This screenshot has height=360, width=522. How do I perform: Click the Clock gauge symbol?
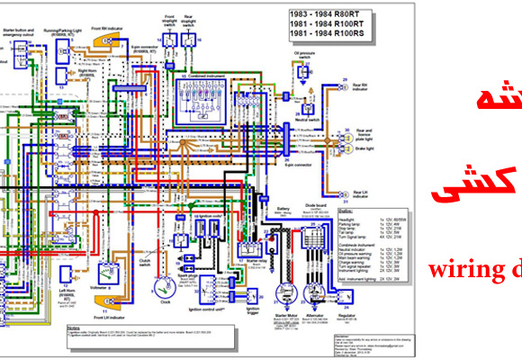(164, 290)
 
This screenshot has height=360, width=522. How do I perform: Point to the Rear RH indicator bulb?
(344, 86)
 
